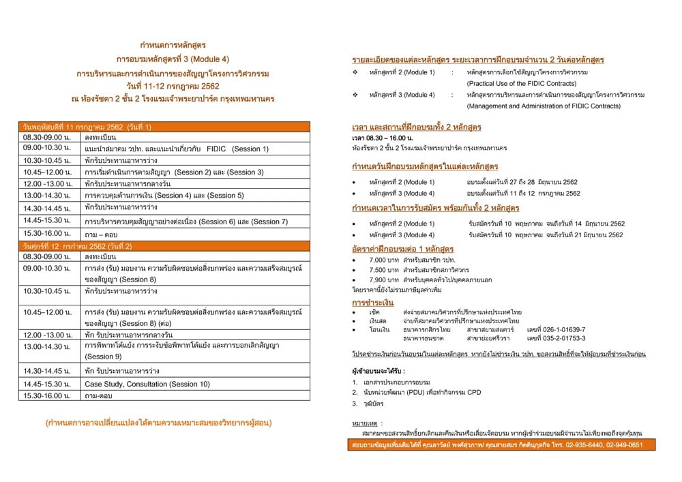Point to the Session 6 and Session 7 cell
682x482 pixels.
coord(186,222)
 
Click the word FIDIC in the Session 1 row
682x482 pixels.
coord(216,148)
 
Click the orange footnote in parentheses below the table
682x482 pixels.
coord(158,423)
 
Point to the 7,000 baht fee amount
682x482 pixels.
coord(379,260)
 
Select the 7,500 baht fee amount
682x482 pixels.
coord(379,270)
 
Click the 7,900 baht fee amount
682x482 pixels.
coord(379,280)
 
